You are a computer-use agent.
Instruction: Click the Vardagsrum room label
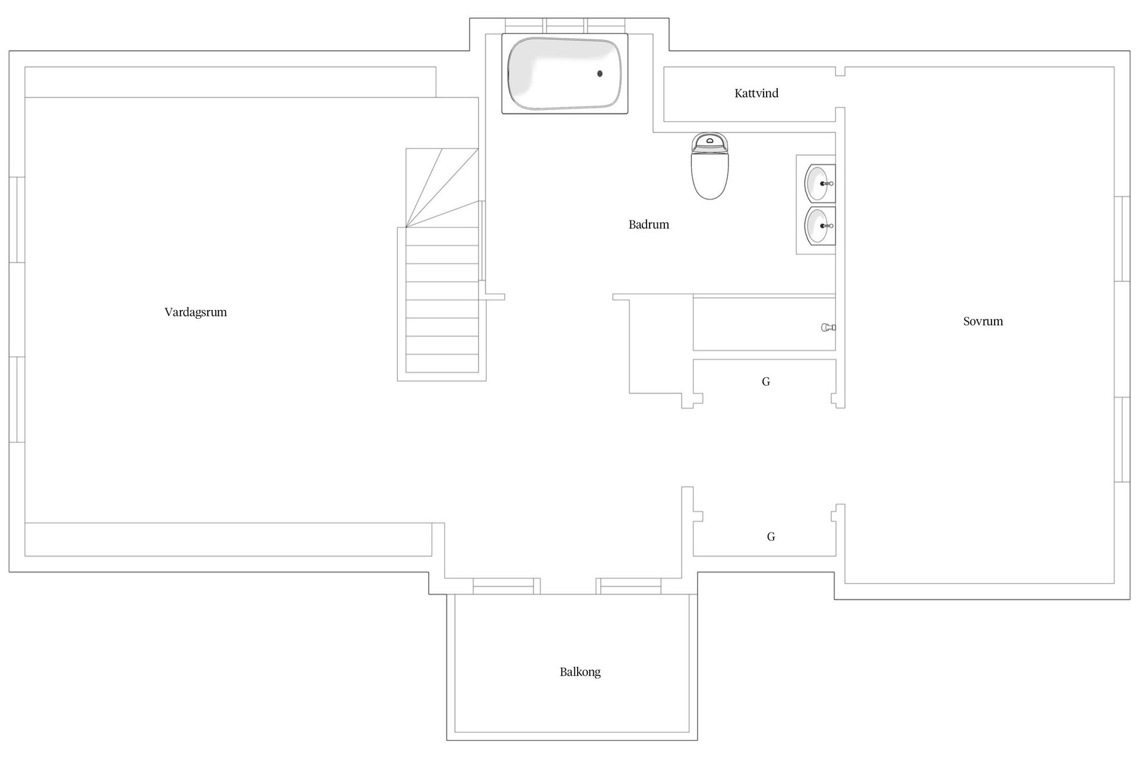coord(195,312)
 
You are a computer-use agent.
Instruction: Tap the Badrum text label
coord(649,224)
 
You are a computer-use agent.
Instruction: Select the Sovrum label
coord(983,321)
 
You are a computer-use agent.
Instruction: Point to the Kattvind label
coord(756,93)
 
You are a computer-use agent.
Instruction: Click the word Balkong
coord(580,672)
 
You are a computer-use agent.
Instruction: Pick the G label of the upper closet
coord(766,382)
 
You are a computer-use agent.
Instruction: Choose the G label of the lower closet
coord(771,537)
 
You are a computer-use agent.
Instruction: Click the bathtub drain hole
coord(600,74)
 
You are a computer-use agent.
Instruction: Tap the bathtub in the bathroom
coord(565,74)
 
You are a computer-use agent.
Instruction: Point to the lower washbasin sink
coord(819,226)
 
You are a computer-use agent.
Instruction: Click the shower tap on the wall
coord(828,327)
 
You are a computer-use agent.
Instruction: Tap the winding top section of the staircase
coord(442,188)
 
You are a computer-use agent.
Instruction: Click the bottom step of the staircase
coord(442,363)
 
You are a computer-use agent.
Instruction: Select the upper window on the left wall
coord(17,220)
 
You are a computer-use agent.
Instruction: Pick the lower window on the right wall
coord(1122,440)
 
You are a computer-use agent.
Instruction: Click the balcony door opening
coord(568,586)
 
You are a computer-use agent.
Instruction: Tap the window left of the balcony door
coord(506,586)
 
